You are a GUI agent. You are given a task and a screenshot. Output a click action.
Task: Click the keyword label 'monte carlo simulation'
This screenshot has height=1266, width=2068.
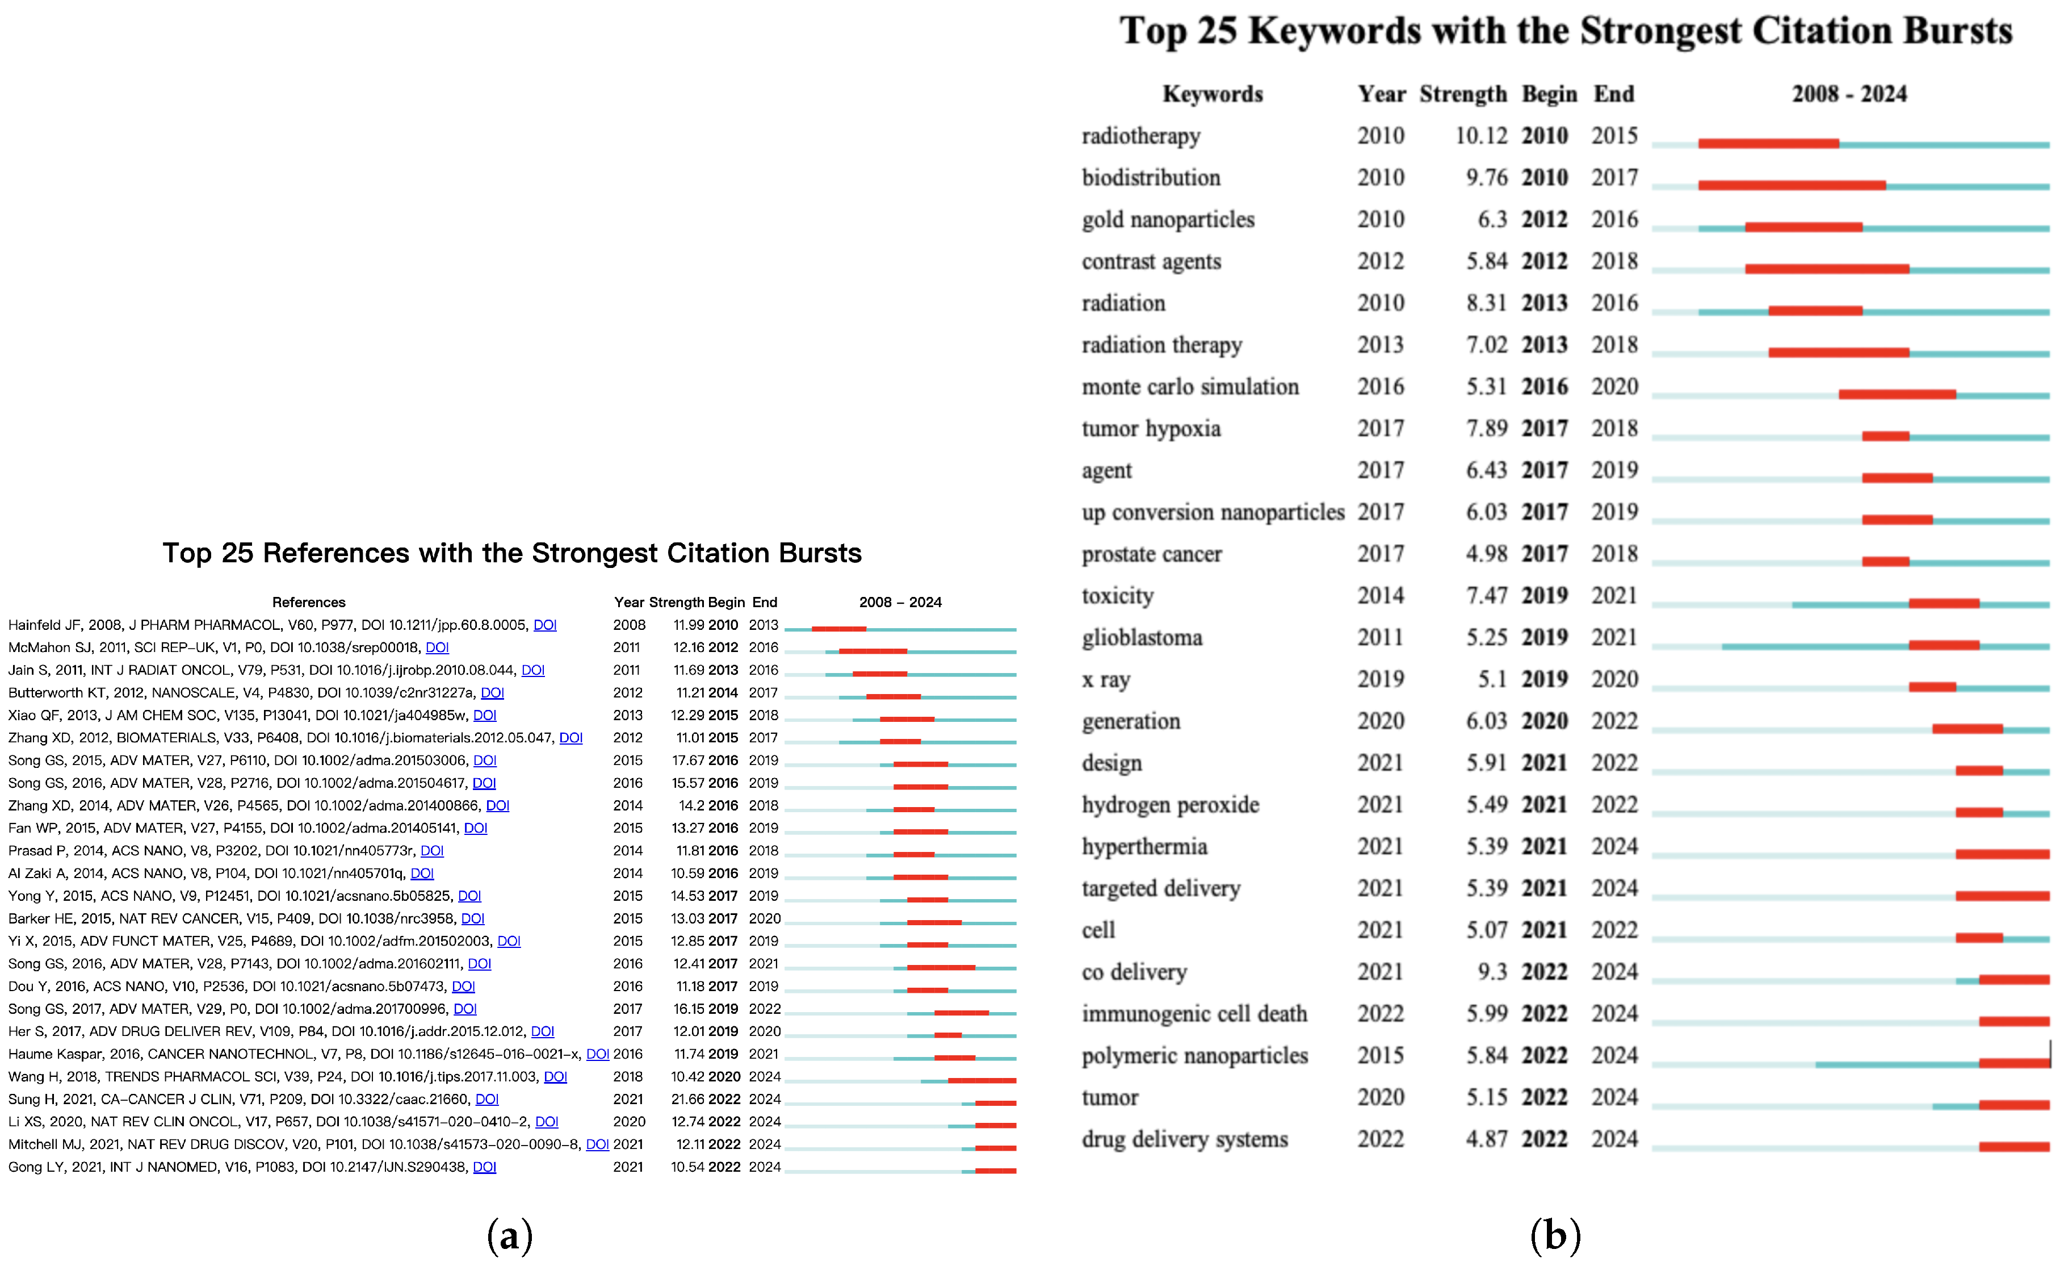pyautogui.click(x=1189, y=387)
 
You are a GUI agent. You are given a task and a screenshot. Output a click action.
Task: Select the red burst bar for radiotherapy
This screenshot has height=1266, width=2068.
pyautogui.click(x=1768, y=144)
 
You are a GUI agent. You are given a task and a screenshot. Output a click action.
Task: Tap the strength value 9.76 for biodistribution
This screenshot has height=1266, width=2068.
pyautogui.click(x=1486, y=178)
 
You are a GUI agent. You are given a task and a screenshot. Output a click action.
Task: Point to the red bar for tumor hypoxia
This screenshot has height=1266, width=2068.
pyautogui.click(x=1885, y=437)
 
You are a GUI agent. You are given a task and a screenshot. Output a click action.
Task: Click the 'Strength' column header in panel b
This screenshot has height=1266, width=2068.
pyautogui.click(x=1462, y=94)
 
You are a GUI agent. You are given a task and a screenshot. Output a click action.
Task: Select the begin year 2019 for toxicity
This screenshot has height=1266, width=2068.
pyautogui.click(x=1544, y=596)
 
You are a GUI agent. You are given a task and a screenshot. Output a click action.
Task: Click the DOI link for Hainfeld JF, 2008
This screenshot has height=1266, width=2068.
pyautogui.click(x=545, y=625)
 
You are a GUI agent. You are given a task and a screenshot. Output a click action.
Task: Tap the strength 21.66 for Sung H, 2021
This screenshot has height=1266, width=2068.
pyautogui.click(x=687, y=1099)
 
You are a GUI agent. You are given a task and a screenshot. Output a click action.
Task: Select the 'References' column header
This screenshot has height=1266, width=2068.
pyautogui.click(x=308, y=602)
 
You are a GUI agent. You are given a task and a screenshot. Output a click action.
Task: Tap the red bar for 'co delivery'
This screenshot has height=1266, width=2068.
pyautogui.click(x=2014, y=980)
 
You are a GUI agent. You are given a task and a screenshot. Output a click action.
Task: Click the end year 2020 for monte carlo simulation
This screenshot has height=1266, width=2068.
pyautogui.click(x=1614, y=387)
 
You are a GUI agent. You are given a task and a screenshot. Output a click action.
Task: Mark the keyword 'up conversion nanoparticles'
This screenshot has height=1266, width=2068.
pyautogui.click(x=1212, y=512)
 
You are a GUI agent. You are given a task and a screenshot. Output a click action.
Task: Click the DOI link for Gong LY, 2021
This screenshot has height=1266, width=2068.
pyautogui.click(x=484, y=1167)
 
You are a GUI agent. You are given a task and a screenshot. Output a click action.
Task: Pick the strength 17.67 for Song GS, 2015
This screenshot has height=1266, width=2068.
pyautogui.click(x=687, y=761)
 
